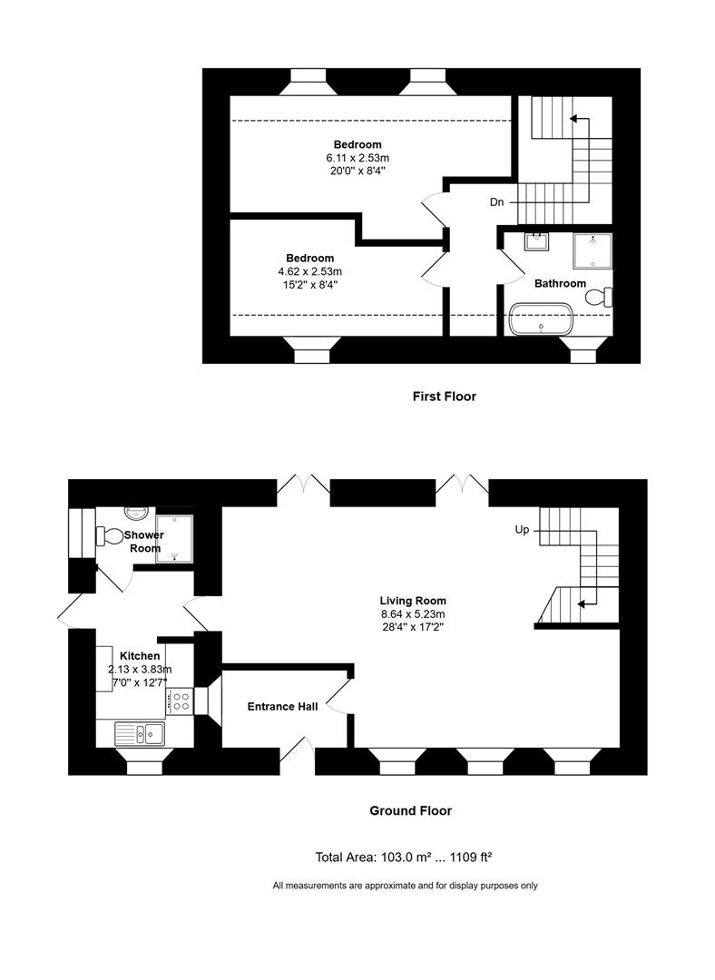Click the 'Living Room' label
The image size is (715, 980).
[413, 601]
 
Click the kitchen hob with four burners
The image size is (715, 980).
[180, 701]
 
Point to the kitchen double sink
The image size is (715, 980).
[139, 732]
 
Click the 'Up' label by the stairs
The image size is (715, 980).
[522, 530]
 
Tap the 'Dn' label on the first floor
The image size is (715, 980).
[496, 202]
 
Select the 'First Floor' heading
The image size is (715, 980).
[444, 397]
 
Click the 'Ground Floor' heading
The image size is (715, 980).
[410, 811]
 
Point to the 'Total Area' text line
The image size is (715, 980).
[404, 857]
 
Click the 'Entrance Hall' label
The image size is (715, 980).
[282, 707]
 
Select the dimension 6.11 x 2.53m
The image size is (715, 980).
[357, 158]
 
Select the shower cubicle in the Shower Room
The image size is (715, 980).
[174, 536]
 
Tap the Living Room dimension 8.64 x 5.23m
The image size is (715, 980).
[413, 613]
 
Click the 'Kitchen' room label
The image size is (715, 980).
[140, 656]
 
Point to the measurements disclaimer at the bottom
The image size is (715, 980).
[405, 886]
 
